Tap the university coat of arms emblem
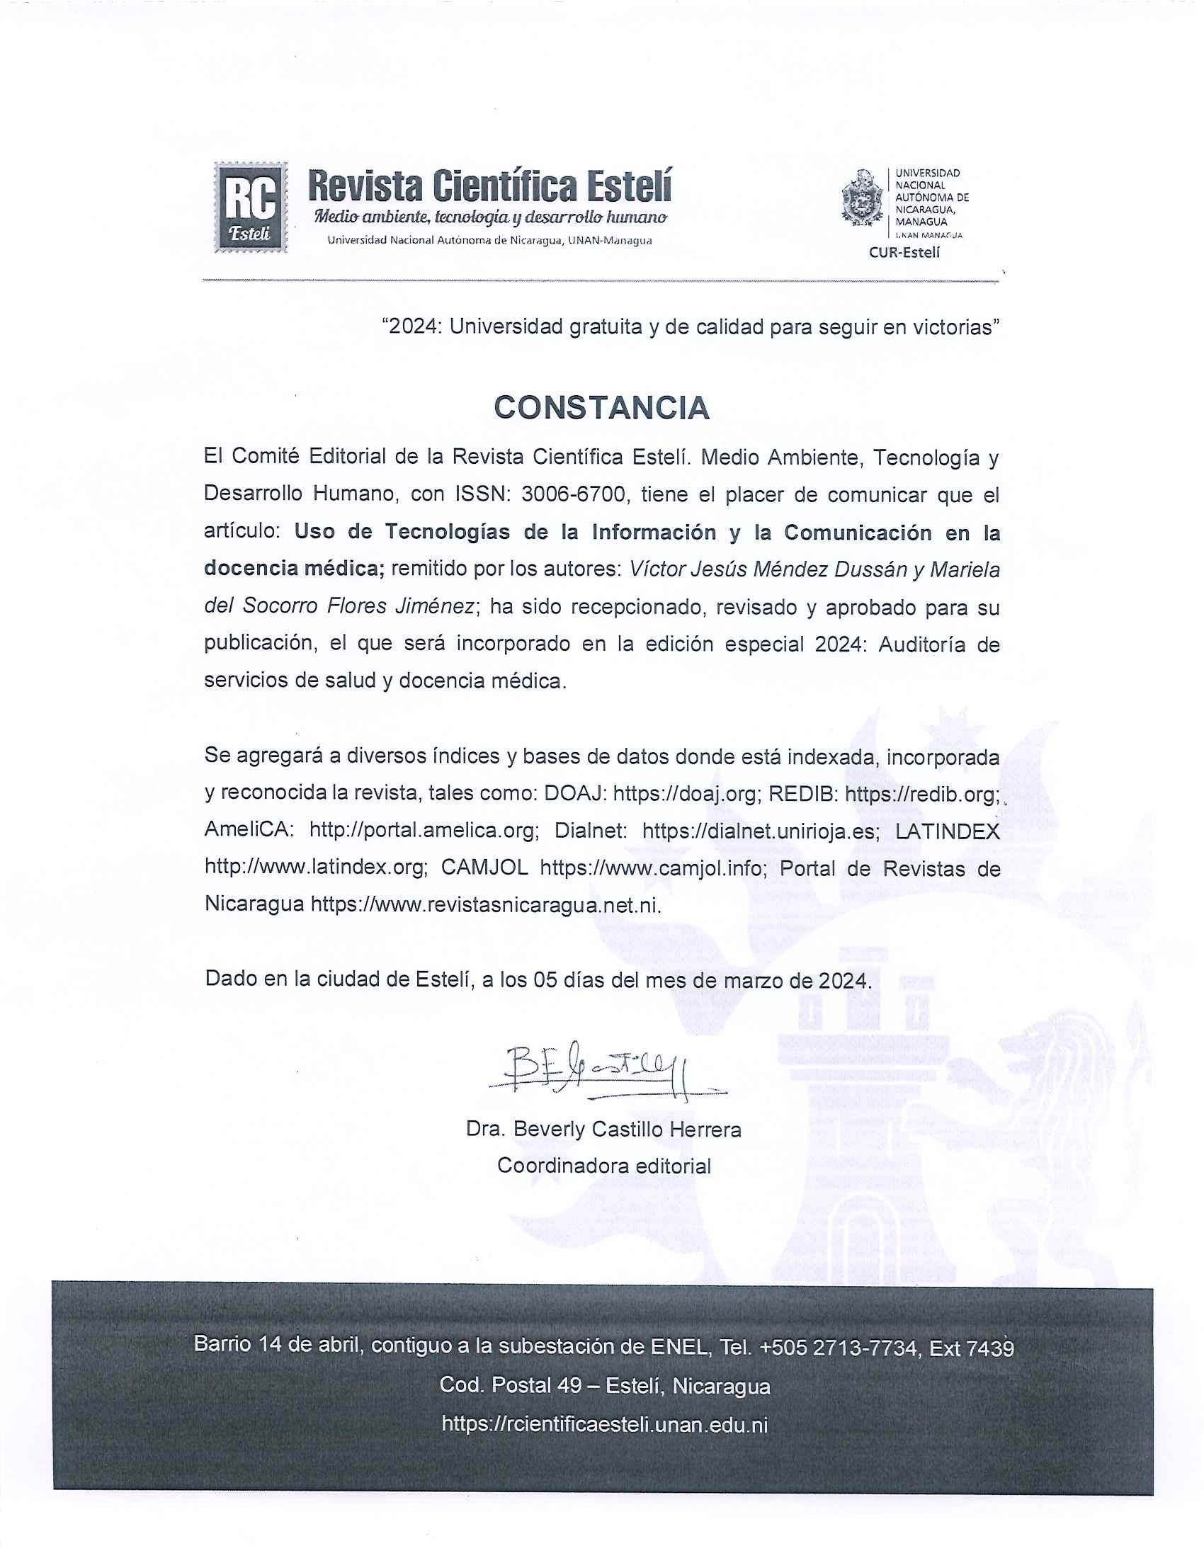(x=863, y=198)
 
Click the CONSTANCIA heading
(x=601, y=408)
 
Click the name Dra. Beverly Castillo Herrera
(x=603, y=1130)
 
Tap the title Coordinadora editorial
(x=603, y=1166)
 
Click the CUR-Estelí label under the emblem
(x=904, y=252)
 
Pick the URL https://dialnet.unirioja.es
(x=761, y=831)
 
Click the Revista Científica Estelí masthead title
(x=489, y=186)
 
